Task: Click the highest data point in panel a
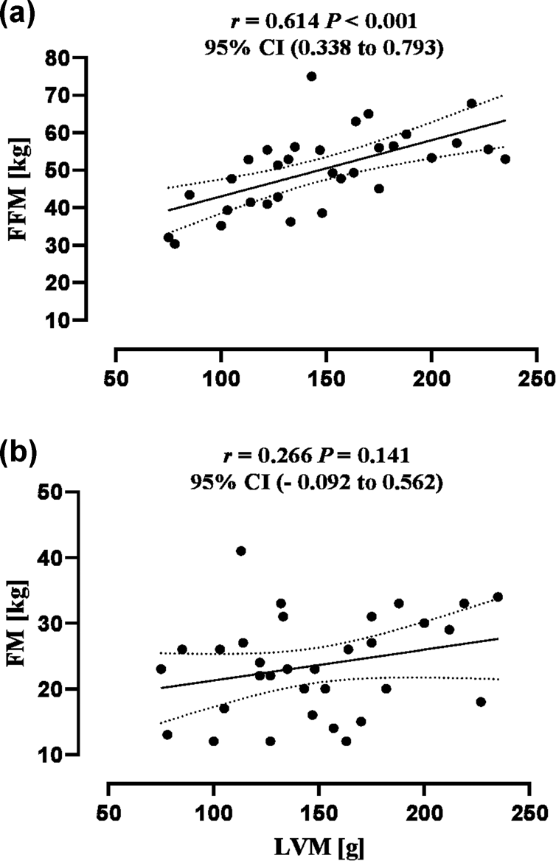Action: point(311,77)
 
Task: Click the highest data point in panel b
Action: point(240,551)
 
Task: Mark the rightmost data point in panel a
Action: point(504,158)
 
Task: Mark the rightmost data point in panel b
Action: point(498,596)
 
